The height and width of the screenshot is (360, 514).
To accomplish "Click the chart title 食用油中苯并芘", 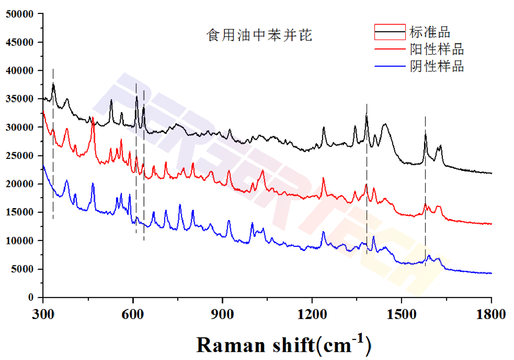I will click(259, 35).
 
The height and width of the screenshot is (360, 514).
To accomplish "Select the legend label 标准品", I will click(429, 32).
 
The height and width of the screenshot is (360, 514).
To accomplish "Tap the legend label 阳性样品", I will click(436, 49).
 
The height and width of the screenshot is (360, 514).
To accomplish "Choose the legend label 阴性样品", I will click(436, 66).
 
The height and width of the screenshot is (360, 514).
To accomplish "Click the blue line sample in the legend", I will click(390, 66).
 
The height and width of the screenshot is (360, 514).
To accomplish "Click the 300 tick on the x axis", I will click(43, 314).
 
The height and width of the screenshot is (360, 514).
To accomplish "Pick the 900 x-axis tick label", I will click(222, 314).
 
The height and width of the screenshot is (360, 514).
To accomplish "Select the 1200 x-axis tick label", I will click(312, 314).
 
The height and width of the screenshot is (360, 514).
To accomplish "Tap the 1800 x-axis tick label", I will click(491, 314).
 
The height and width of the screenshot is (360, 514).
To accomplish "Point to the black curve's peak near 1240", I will click(324, 127).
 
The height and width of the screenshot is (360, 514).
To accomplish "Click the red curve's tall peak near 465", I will click(93, 118).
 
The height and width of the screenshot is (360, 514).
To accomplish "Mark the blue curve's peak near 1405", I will click(373, 237).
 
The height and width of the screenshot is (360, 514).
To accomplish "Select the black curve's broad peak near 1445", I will click(385, 124).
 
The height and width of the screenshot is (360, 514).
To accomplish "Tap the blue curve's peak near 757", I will click(180, 205).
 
